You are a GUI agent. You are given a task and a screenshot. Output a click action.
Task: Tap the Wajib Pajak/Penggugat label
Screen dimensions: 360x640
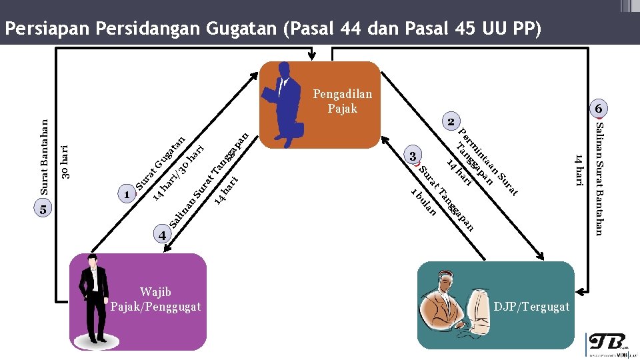155,299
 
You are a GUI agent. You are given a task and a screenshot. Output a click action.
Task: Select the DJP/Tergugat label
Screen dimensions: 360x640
531,306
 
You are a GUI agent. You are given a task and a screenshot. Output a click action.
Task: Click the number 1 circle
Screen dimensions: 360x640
126,195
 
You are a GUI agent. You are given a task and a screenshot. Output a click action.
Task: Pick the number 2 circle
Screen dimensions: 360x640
451,123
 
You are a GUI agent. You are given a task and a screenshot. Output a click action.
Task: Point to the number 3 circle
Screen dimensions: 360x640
413,156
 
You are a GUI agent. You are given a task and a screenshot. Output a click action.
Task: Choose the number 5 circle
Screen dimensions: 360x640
42,209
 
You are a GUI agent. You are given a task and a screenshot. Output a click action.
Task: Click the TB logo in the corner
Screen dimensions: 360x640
606,343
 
